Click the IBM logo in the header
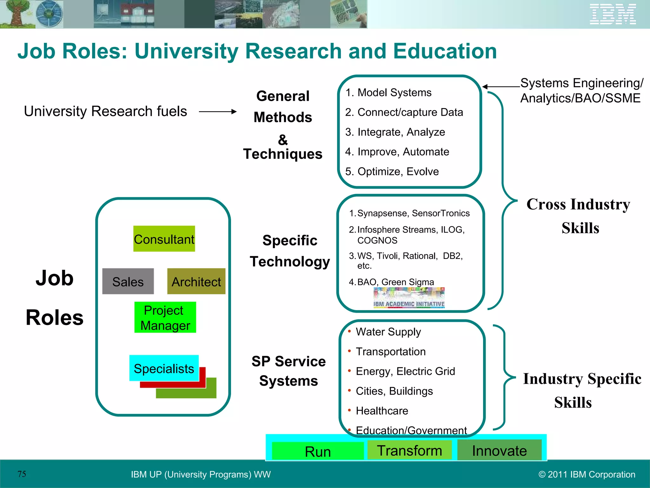click(613, 14)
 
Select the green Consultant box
click(164, 239)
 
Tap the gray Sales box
click(128, 281)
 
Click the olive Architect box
click(196, 281)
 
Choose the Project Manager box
click(165, 317)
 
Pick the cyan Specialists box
click(164, 368)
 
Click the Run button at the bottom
click(318, 451)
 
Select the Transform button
click(409, 450)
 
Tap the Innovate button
click(499, 450)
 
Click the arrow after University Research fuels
click(218, 112)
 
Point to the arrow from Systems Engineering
click(501, 86)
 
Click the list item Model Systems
click(394, 92)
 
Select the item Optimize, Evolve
click(398, 172)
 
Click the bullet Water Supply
click(388, 332)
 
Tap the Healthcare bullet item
click(382, 411)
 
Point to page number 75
click(22, 474)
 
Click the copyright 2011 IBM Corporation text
click(587, 474)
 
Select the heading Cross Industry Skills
click(578, 216)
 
